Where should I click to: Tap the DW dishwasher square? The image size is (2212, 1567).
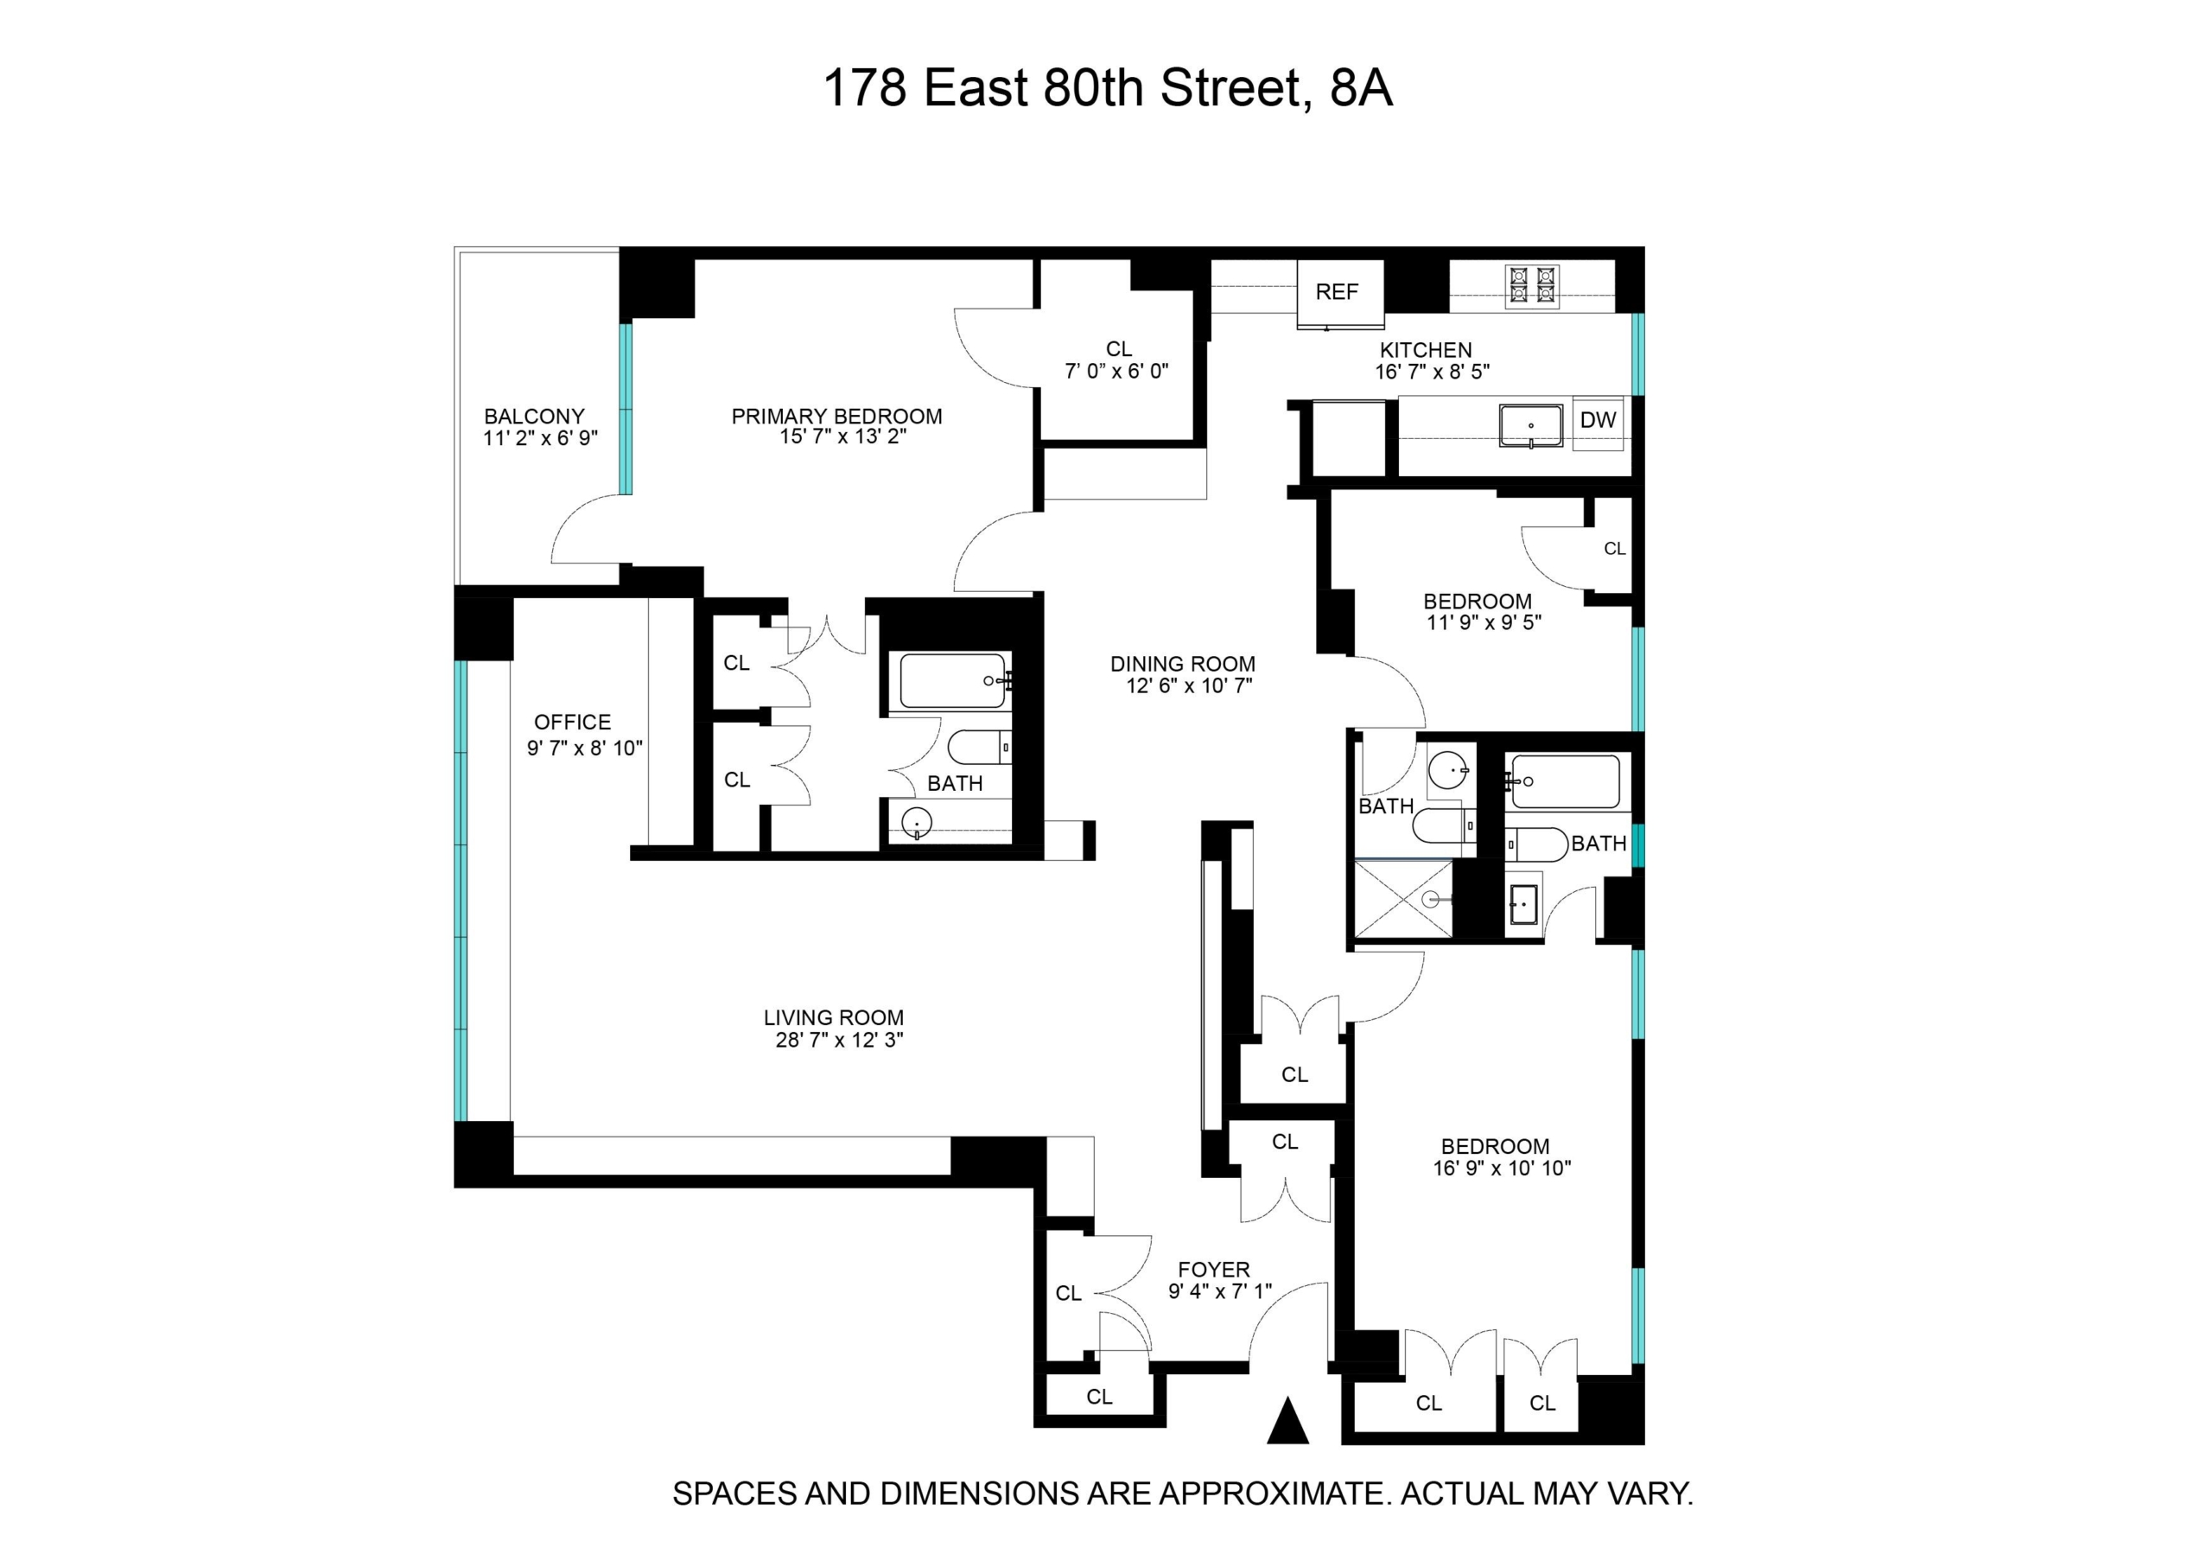click(1598, 421)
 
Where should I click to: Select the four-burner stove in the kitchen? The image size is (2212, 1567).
click(1533, 287)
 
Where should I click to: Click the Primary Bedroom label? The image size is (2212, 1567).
click(836, 417)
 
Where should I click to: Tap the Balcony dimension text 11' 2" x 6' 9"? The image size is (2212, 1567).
click(540, 438)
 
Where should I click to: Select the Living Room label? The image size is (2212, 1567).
click(834, 1018)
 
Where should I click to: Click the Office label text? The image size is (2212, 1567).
click(572, 723)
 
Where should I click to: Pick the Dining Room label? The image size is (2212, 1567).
click(1183, 664)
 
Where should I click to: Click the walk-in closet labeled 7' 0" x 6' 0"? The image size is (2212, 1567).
click(1118, 360)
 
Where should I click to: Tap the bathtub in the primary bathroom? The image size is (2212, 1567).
click(955, 681)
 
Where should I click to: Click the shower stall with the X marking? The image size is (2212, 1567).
click(1403, 899)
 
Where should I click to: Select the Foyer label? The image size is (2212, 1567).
click(1213, 1270)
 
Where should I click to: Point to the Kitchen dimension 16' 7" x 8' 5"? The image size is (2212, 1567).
click(1433, 372)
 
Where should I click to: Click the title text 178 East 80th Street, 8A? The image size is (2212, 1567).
click(1108, 89)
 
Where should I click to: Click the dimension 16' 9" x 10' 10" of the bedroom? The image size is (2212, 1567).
click(1502, 1169)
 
